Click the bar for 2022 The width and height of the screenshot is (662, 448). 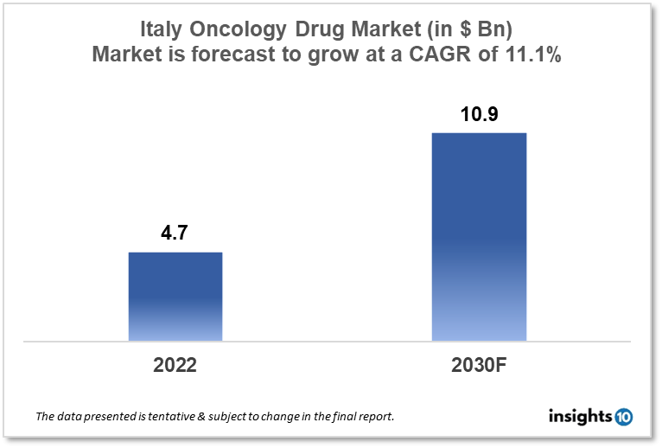point(175,296)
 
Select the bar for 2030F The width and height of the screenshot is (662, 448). point(479,236)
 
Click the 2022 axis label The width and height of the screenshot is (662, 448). point(175,365)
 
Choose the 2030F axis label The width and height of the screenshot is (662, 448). point(479,365)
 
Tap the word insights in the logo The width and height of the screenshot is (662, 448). point(581,417)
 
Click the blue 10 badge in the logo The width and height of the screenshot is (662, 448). point(624,417)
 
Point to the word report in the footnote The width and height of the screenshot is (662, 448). point(374,417)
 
